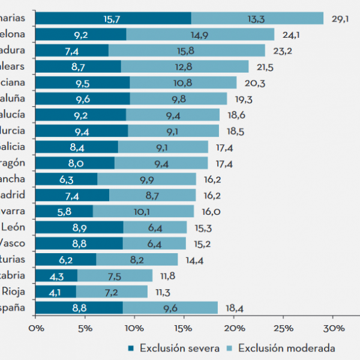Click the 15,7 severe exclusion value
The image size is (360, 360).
tap(112, 19)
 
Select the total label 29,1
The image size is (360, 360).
tap(339, 19)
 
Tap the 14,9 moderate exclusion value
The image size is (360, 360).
tap(199, 35)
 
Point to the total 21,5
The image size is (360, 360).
tap(264, 67)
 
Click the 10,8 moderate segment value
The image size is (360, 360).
tap(182, 83)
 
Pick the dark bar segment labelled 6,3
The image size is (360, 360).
tap(67, 179)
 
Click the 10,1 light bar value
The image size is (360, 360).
tap(143, 211)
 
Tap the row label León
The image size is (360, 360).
tap(13, 227)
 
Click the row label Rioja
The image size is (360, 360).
tap(13, 292)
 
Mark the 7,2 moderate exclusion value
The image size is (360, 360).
tap(111, 292)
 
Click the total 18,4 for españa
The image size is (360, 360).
tap(233, 308)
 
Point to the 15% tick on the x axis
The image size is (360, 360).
tap(184, 328)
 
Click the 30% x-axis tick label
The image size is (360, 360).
tap(333, 328)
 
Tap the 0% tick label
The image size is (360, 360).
tap(36, 328)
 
